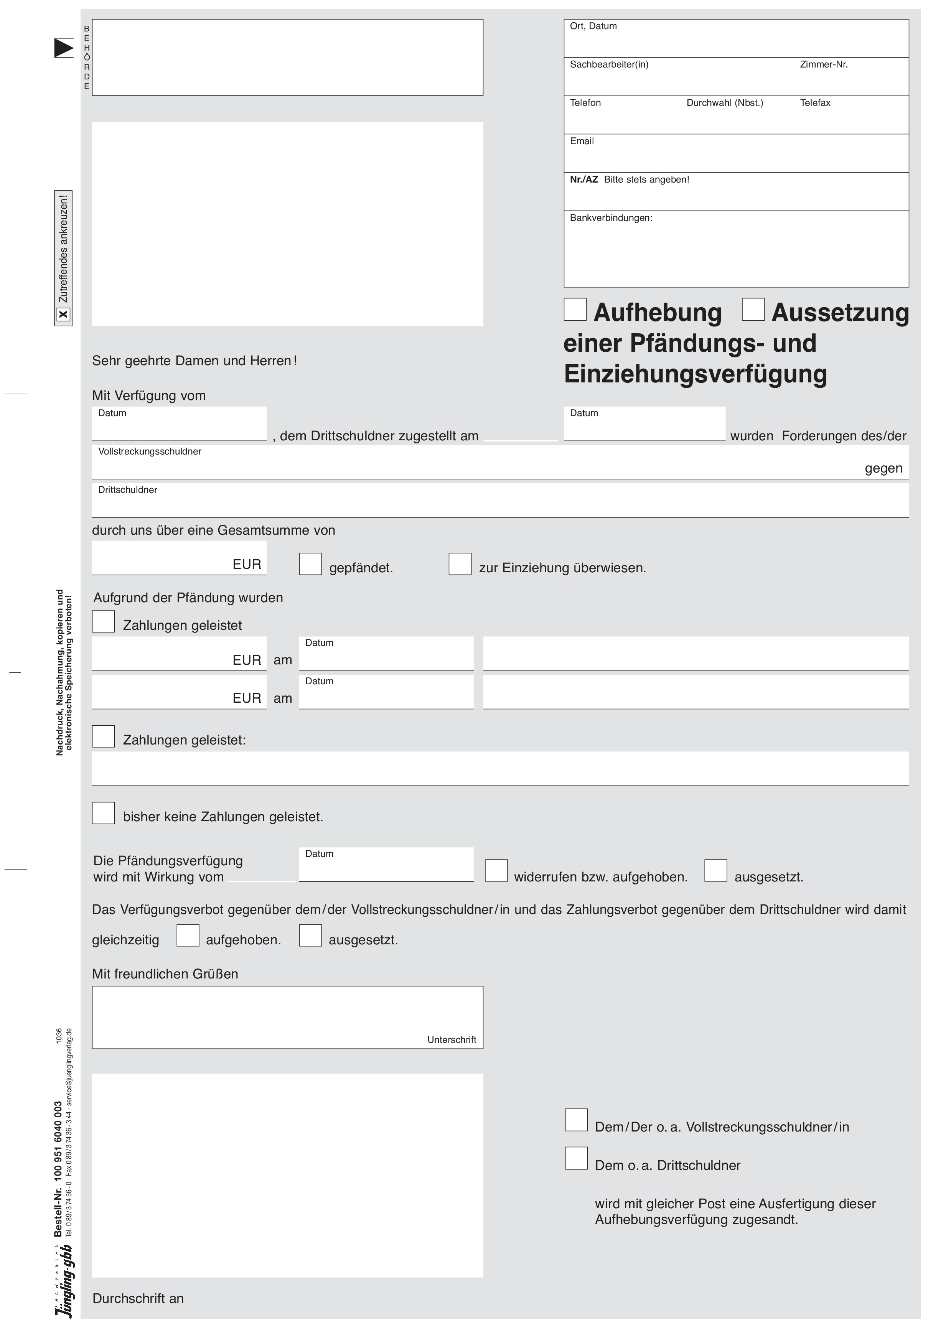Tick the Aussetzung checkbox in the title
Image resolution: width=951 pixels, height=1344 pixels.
coord(753,310)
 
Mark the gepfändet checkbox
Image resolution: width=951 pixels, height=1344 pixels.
coord(310,564)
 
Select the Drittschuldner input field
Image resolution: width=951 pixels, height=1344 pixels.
coord(500,505)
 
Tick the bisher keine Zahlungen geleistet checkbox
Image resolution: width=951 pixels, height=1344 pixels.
coord(104,813)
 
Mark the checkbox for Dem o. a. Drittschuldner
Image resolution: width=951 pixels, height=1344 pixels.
coord(576,1158)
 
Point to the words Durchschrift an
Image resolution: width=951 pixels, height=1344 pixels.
coord(138,1298)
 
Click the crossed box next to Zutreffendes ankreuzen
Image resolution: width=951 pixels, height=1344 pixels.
coord(63,315)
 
